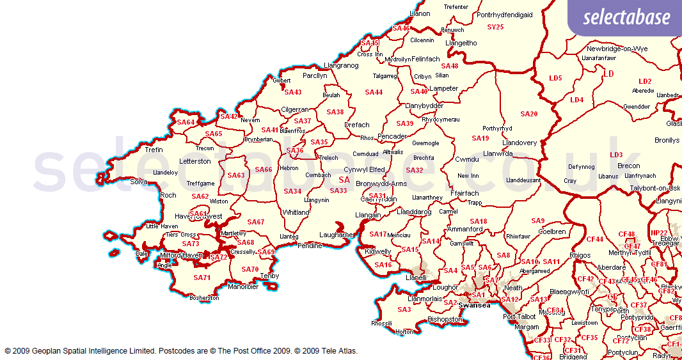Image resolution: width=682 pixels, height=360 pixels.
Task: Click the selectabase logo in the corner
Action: [626, 17]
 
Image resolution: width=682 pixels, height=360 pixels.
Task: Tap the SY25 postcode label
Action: [495, 27]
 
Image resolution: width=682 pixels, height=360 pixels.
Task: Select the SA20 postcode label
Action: [528, 114]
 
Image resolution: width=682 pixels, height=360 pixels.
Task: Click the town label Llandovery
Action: [519, 143]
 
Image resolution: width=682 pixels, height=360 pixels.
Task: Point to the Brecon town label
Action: [628, 166]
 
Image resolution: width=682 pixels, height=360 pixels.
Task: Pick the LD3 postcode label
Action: [616, 155]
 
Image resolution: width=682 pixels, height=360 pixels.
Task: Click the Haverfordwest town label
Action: [198, 216]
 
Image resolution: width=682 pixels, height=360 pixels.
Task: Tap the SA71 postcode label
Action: [202, 278]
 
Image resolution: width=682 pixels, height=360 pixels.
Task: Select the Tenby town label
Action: [269, 276]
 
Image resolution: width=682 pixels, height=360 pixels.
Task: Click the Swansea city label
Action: [474, 306]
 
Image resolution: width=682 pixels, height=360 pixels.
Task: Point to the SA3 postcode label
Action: [404, 309]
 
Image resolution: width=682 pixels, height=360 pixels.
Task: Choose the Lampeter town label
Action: [444, 88]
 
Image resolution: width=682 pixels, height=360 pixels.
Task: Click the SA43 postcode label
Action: [292, 92]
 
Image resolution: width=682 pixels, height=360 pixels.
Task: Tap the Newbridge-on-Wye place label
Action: [617, 49]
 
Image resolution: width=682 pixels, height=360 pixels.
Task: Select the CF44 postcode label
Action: [595, 239]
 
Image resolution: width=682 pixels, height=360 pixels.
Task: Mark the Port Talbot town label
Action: [519, 317]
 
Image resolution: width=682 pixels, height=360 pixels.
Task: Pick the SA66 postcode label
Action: [264, 169]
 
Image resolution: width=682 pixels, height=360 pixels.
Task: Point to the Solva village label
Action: [139, 182]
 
